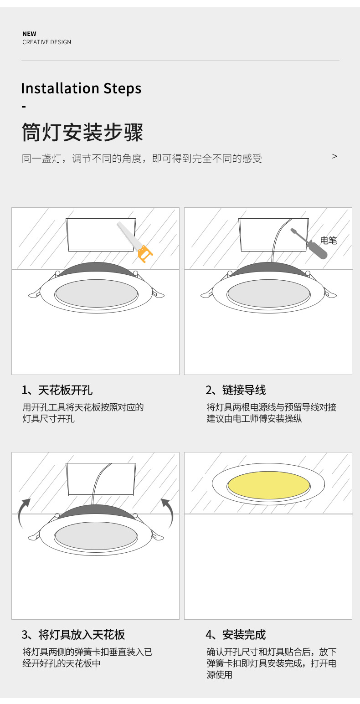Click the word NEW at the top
pyautogui.click(x=29, y=34)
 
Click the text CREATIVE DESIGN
pyautogui.click(x=46, y=42)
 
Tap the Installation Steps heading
pyautogui.click(x=81, y=88)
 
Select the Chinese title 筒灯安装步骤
pyautogui.click(x=82, y=133)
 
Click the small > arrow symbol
pyautogui.click(x=334, y=156)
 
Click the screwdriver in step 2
pyautogui.click(x=310, y=244)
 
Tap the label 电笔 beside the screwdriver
pyautogui.click(x=328, y=241)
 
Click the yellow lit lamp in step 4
pyautogui.click(x=268, y=485)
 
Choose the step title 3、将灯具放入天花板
pyautogui.click(x=73, y=634)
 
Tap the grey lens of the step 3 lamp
pyautogui.click(x=96, y=535)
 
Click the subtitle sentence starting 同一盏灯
pyautogui.click(x=142, y=159)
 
